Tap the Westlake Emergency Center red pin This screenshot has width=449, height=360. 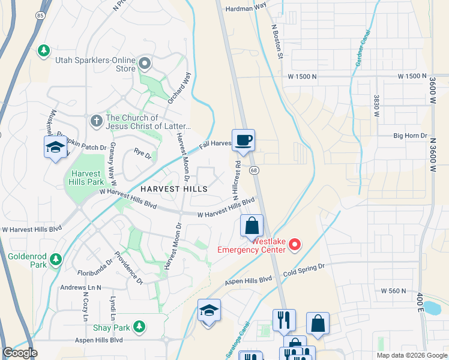coord(295,244)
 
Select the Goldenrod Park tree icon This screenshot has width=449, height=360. coord(56,259)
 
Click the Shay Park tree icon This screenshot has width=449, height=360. coord(139,326)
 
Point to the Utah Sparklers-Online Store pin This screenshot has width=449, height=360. coord(145,63)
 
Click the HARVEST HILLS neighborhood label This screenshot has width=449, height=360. coord(173,188)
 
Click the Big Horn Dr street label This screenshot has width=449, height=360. coord(410,136)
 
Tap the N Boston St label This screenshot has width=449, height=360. coord(277,41)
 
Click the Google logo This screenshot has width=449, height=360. coord(20,353)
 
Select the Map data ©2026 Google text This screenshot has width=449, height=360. coord(412,355)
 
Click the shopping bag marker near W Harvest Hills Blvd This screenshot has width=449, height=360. coord(252,226)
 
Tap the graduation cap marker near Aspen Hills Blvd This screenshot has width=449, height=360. coord(208,311)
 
